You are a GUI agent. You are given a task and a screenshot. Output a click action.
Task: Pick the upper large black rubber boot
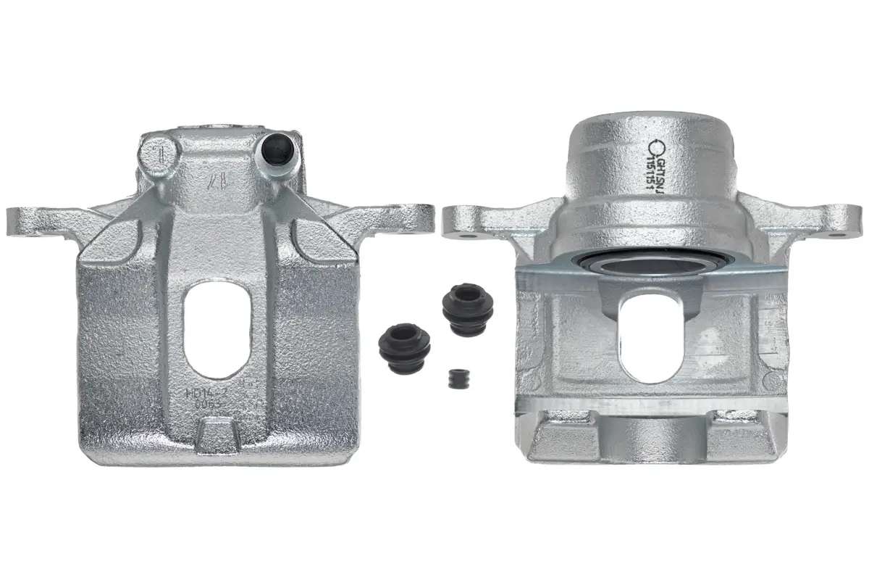click(467, 309)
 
